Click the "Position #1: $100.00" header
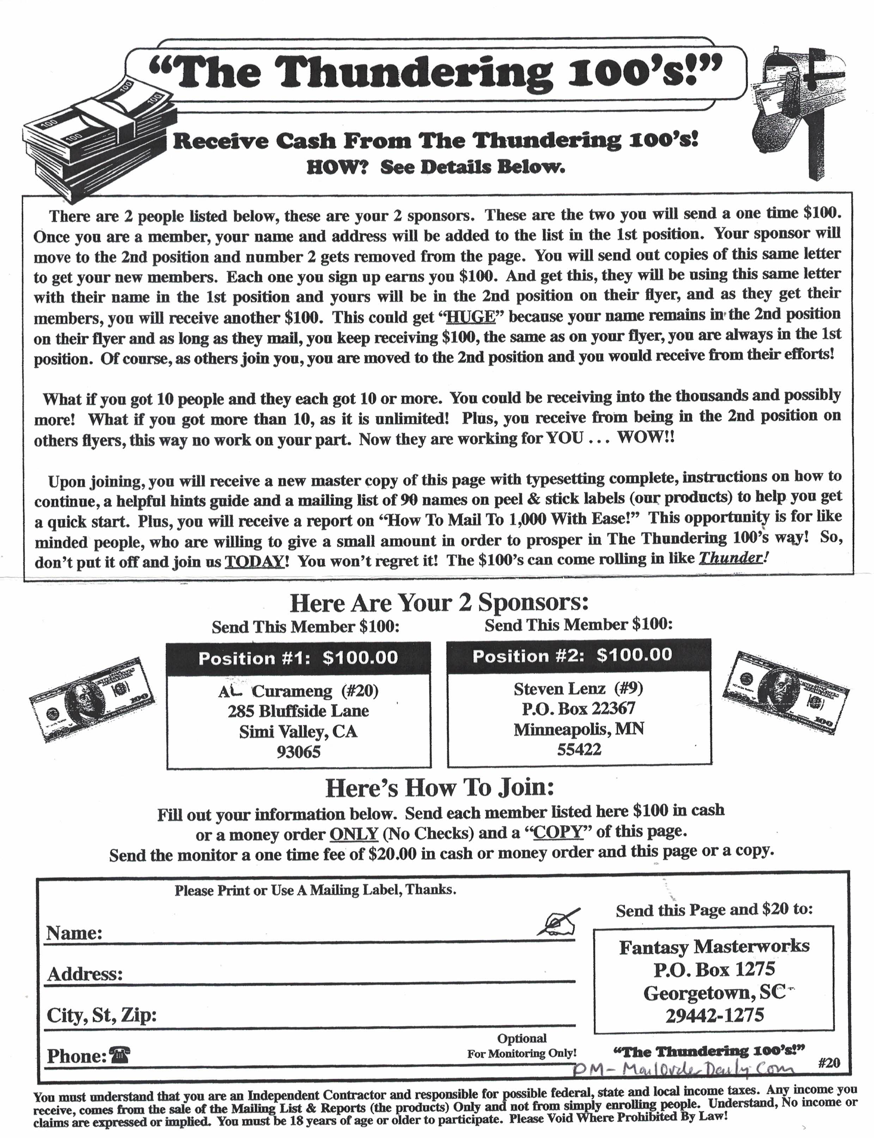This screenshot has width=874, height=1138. [x=298, y=658]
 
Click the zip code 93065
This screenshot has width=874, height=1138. [x=299, y=751]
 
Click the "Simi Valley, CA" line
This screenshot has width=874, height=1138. [x=298, y=731]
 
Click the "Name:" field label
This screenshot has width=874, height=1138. [x=74, y=933]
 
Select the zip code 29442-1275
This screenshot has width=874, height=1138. [x=714, y=1015]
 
